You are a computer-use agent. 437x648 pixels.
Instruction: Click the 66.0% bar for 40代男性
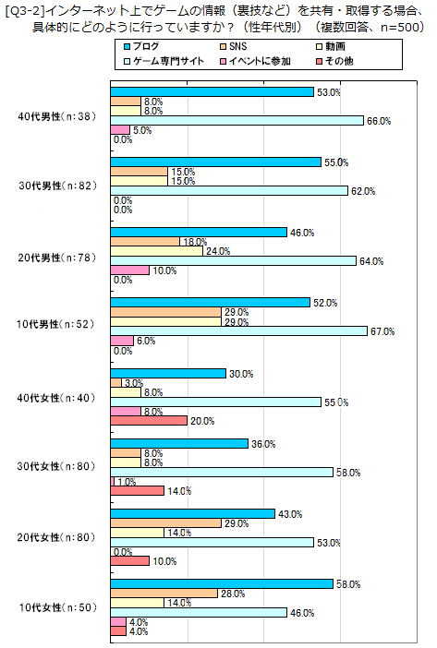click(x=237, y=121)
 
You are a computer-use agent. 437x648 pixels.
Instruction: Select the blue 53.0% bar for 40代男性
click(x=212, y=91)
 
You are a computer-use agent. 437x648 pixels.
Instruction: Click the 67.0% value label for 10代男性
click(x=382, y=331)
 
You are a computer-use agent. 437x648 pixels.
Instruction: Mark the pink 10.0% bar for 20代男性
click(x=129, y=270)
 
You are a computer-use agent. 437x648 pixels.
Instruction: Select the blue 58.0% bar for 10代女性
click(x=222, y=583)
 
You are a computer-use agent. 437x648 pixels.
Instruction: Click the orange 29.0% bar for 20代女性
click(x=165, y=523)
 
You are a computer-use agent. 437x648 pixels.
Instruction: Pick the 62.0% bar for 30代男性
click(x=229, y=191)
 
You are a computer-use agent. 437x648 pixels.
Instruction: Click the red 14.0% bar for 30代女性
click(x=137, y=491)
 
